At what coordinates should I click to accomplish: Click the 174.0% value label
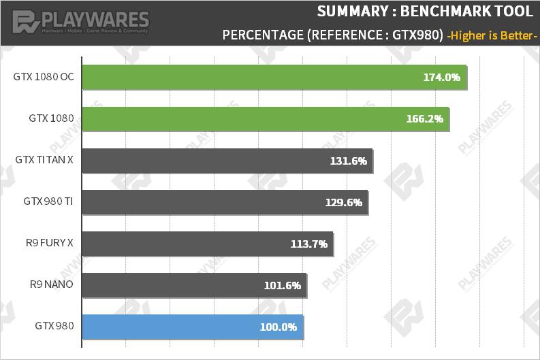point(441,78)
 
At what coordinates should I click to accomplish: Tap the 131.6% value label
point(348,161)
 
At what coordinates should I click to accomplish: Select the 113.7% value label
point(308,244)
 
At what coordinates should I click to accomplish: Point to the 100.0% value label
point(278,327)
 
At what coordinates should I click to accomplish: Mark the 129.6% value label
point(343,202)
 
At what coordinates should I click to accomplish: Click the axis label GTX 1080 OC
point(43,77)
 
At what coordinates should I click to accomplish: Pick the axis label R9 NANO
point(51,284)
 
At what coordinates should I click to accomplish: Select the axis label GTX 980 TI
point(48,201)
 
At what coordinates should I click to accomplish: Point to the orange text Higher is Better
point(492,35)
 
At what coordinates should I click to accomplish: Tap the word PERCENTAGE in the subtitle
point(263,35)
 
